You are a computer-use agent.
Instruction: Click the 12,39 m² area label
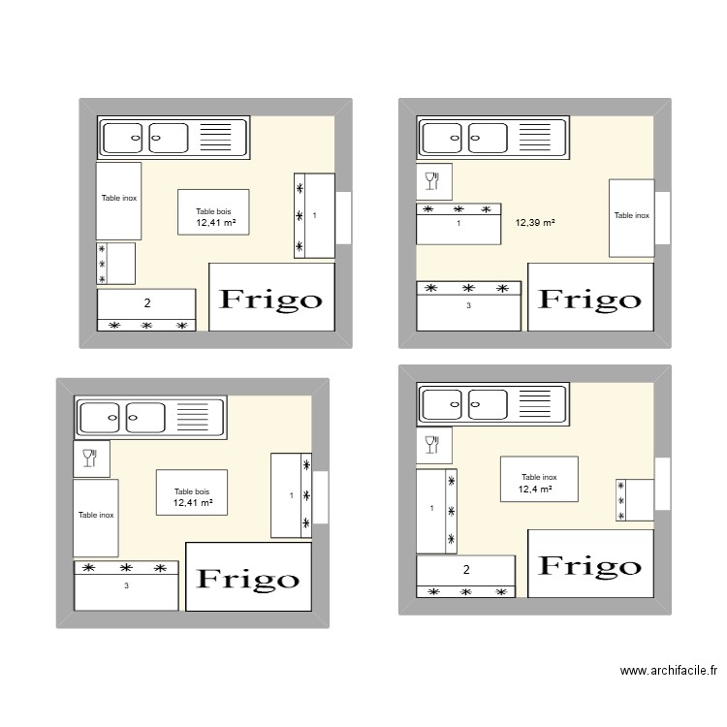535,223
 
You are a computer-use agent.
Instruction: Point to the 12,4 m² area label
535,490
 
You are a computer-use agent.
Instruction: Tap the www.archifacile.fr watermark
669,671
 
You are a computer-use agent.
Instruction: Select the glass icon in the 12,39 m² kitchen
432,181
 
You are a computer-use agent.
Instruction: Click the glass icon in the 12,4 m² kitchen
432,445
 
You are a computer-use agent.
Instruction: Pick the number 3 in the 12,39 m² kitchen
468,305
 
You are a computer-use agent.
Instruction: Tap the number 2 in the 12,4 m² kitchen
466,569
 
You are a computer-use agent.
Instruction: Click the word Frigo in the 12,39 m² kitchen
589,300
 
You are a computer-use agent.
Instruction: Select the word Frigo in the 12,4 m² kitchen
589,566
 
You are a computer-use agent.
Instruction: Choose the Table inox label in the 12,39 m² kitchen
631,215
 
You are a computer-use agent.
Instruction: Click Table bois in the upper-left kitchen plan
213,211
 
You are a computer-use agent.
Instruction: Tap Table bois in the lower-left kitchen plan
192,491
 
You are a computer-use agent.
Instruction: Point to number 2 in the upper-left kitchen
147,303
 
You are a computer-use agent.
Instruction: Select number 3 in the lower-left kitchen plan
126,585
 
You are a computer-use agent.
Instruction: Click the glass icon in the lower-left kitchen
89,458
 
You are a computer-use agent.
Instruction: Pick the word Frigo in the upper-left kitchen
270,300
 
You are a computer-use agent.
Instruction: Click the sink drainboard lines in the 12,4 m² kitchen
534,403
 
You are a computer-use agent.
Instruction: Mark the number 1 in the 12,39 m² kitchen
458,224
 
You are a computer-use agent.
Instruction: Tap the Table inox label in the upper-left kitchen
119,198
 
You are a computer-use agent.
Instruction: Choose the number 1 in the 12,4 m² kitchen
431,508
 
